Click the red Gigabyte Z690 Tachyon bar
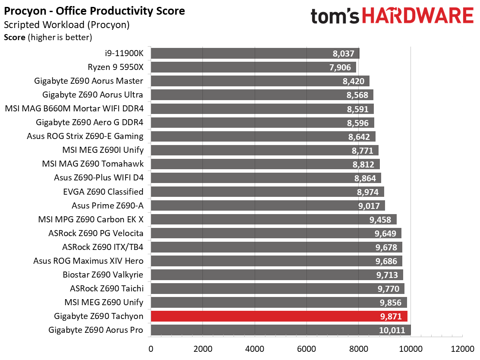click(279, 316)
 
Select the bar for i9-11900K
click(255, 53)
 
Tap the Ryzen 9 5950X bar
click(253, 67)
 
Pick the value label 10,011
click(392, 330)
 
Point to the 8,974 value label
click(368, 192)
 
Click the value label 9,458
click(380, 220)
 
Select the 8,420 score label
click(354, 82)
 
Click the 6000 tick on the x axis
click(307, 349)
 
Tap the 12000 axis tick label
click(462, 349)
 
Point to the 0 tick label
click(151, 349)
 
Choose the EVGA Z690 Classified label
click(103, 192)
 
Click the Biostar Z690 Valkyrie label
click(103, 275)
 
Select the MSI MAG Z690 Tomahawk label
click(93, 164)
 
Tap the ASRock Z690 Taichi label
click(107, 288)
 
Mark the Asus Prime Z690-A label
click(107, 205)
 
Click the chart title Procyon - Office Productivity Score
click(94, 11)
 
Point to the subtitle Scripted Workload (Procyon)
click(67, 25)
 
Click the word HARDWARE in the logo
click(418, 16)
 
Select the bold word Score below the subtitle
click(15, 38)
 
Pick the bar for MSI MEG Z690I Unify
click(265, 150)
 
